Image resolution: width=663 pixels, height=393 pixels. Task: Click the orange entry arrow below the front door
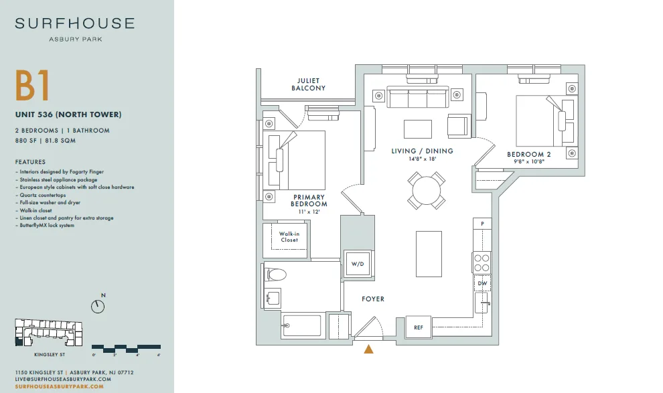369,349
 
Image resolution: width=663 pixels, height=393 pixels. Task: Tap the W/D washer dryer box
358,264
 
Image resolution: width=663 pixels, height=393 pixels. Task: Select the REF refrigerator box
418,327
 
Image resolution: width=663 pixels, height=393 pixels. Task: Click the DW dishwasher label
482,283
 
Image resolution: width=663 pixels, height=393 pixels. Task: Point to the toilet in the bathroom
275,275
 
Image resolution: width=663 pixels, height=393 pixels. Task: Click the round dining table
427,191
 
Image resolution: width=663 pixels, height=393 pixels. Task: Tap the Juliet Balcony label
308,84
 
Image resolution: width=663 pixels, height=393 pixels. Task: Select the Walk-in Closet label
289,236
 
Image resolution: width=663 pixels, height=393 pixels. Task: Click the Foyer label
373,299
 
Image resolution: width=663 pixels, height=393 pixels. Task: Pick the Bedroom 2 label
529,154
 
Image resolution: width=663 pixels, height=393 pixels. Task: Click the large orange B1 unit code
33,86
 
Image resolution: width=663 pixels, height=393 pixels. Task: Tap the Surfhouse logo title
75,23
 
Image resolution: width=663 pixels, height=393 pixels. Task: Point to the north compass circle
98,307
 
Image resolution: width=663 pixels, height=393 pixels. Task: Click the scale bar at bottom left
126,349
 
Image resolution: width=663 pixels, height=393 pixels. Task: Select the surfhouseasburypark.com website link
59,386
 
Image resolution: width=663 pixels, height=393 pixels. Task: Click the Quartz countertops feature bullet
43,195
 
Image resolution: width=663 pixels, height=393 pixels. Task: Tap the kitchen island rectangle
429,254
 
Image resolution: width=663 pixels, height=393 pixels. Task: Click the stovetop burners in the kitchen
482,262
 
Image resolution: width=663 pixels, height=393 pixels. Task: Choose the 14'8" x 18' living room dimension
422,159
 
